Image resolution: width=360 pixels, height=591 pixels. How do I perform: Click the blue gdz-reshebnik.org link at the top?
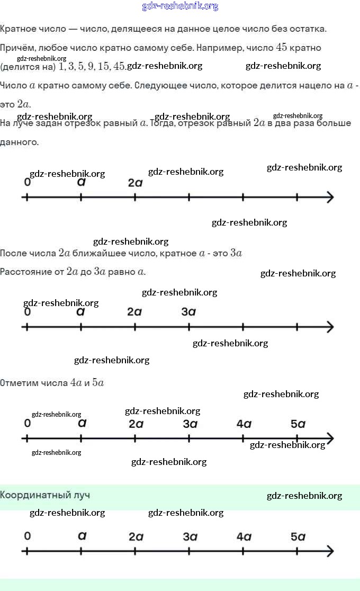click(180, 6)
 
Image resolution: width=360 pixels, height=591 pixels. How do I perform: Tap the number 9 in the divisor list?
click(91, 66)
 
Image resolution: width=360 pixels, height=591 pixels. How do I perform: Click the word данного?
click(19, 142)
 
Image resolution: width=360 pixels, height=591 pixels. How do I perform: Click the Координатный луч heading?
click(45, 495)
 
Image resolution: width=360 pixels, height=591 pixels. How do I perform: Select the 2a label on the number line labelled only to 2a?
click(135, 183)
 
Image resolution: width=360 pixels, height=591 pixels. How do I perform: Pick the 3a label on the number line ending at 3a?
click(189, 312)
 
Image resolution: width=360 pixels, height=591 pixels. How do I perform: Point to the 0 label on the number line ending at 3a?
click(28, 312)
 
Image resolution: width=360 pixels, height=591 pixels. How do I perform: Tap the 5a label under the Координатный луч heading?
click(298, 536)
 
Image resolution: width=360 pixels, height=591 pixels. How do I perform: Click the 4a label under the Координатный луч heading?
click(244, 536)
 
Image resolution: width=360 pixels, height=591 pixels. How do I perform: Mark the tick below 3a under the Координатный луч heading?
click(189, 551)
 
